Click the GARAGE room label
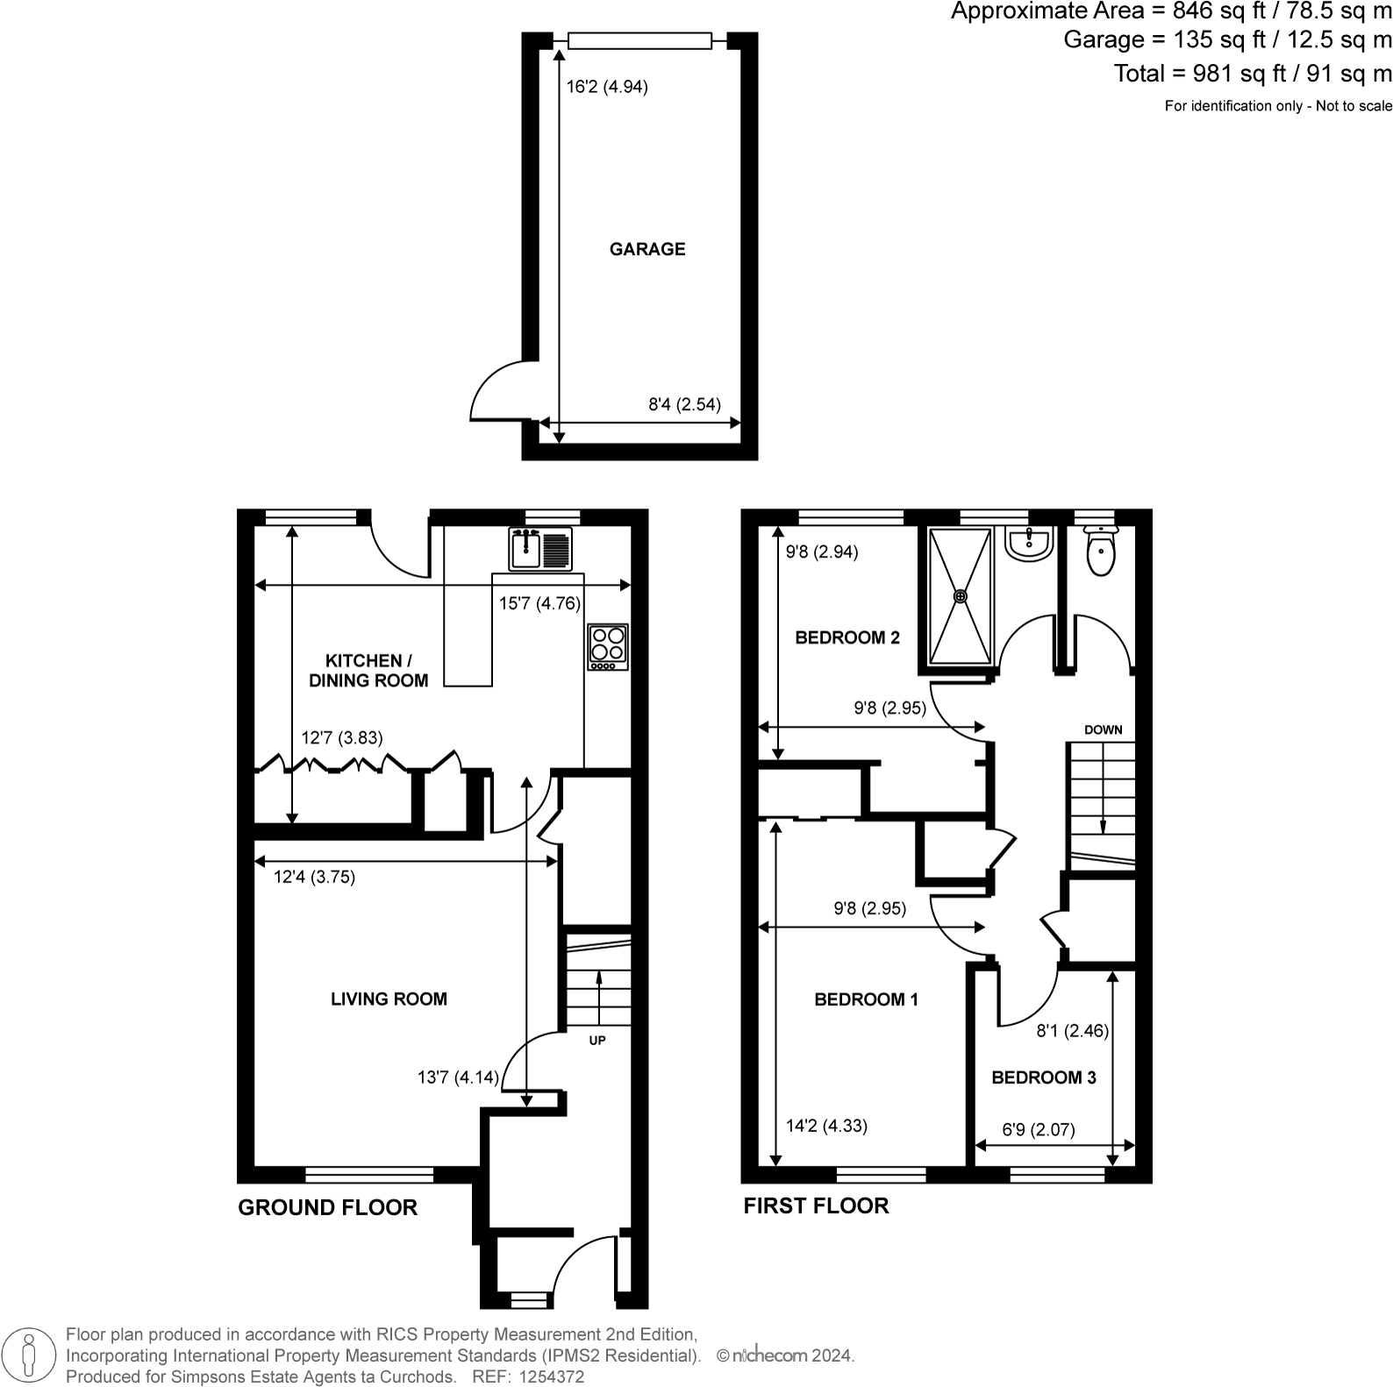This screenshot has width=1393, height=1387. tap(647, 249)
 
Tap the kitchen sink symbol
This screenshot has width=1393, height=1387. tap(540, 550)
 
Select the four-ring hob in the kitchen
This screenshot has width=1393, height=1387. tap(608, 646)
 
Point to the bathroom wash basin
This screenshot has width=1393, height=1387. tap(1028, 545)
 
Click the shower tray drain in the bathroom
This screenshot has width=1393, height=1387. tap(961, 596)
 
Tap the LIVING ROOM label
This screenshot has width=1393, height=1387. tap(389, 999)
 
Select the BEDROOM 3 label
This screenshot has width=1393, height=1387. tap(1044, 1078)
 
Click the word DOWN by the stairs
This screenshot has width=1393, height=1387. tap(1103, 729)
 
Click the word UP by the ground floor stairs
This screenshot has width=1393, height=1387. tap(597, 1041)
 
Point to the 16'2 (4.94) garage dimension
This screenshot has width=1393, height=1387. tap(607, 87)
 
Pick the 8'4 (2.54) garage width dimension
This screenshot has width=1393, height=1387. tap(684, 404)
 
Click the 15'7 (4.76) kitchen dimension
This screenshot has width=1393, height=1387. tap(539, 603)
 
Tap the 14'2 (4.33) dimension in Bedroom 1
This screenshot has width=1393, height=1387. tap(826, 1126)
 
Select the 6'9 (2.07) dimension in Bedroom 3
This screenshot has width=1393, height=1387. tap(1038, 1129)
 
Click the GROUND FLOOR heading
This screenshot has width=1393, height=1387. tap(327, 1207)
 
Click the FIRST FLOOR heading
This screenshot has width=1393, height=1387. tap(816, 1206)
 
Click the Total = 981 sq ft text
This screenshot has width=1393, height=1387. tap(1252, 74)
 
